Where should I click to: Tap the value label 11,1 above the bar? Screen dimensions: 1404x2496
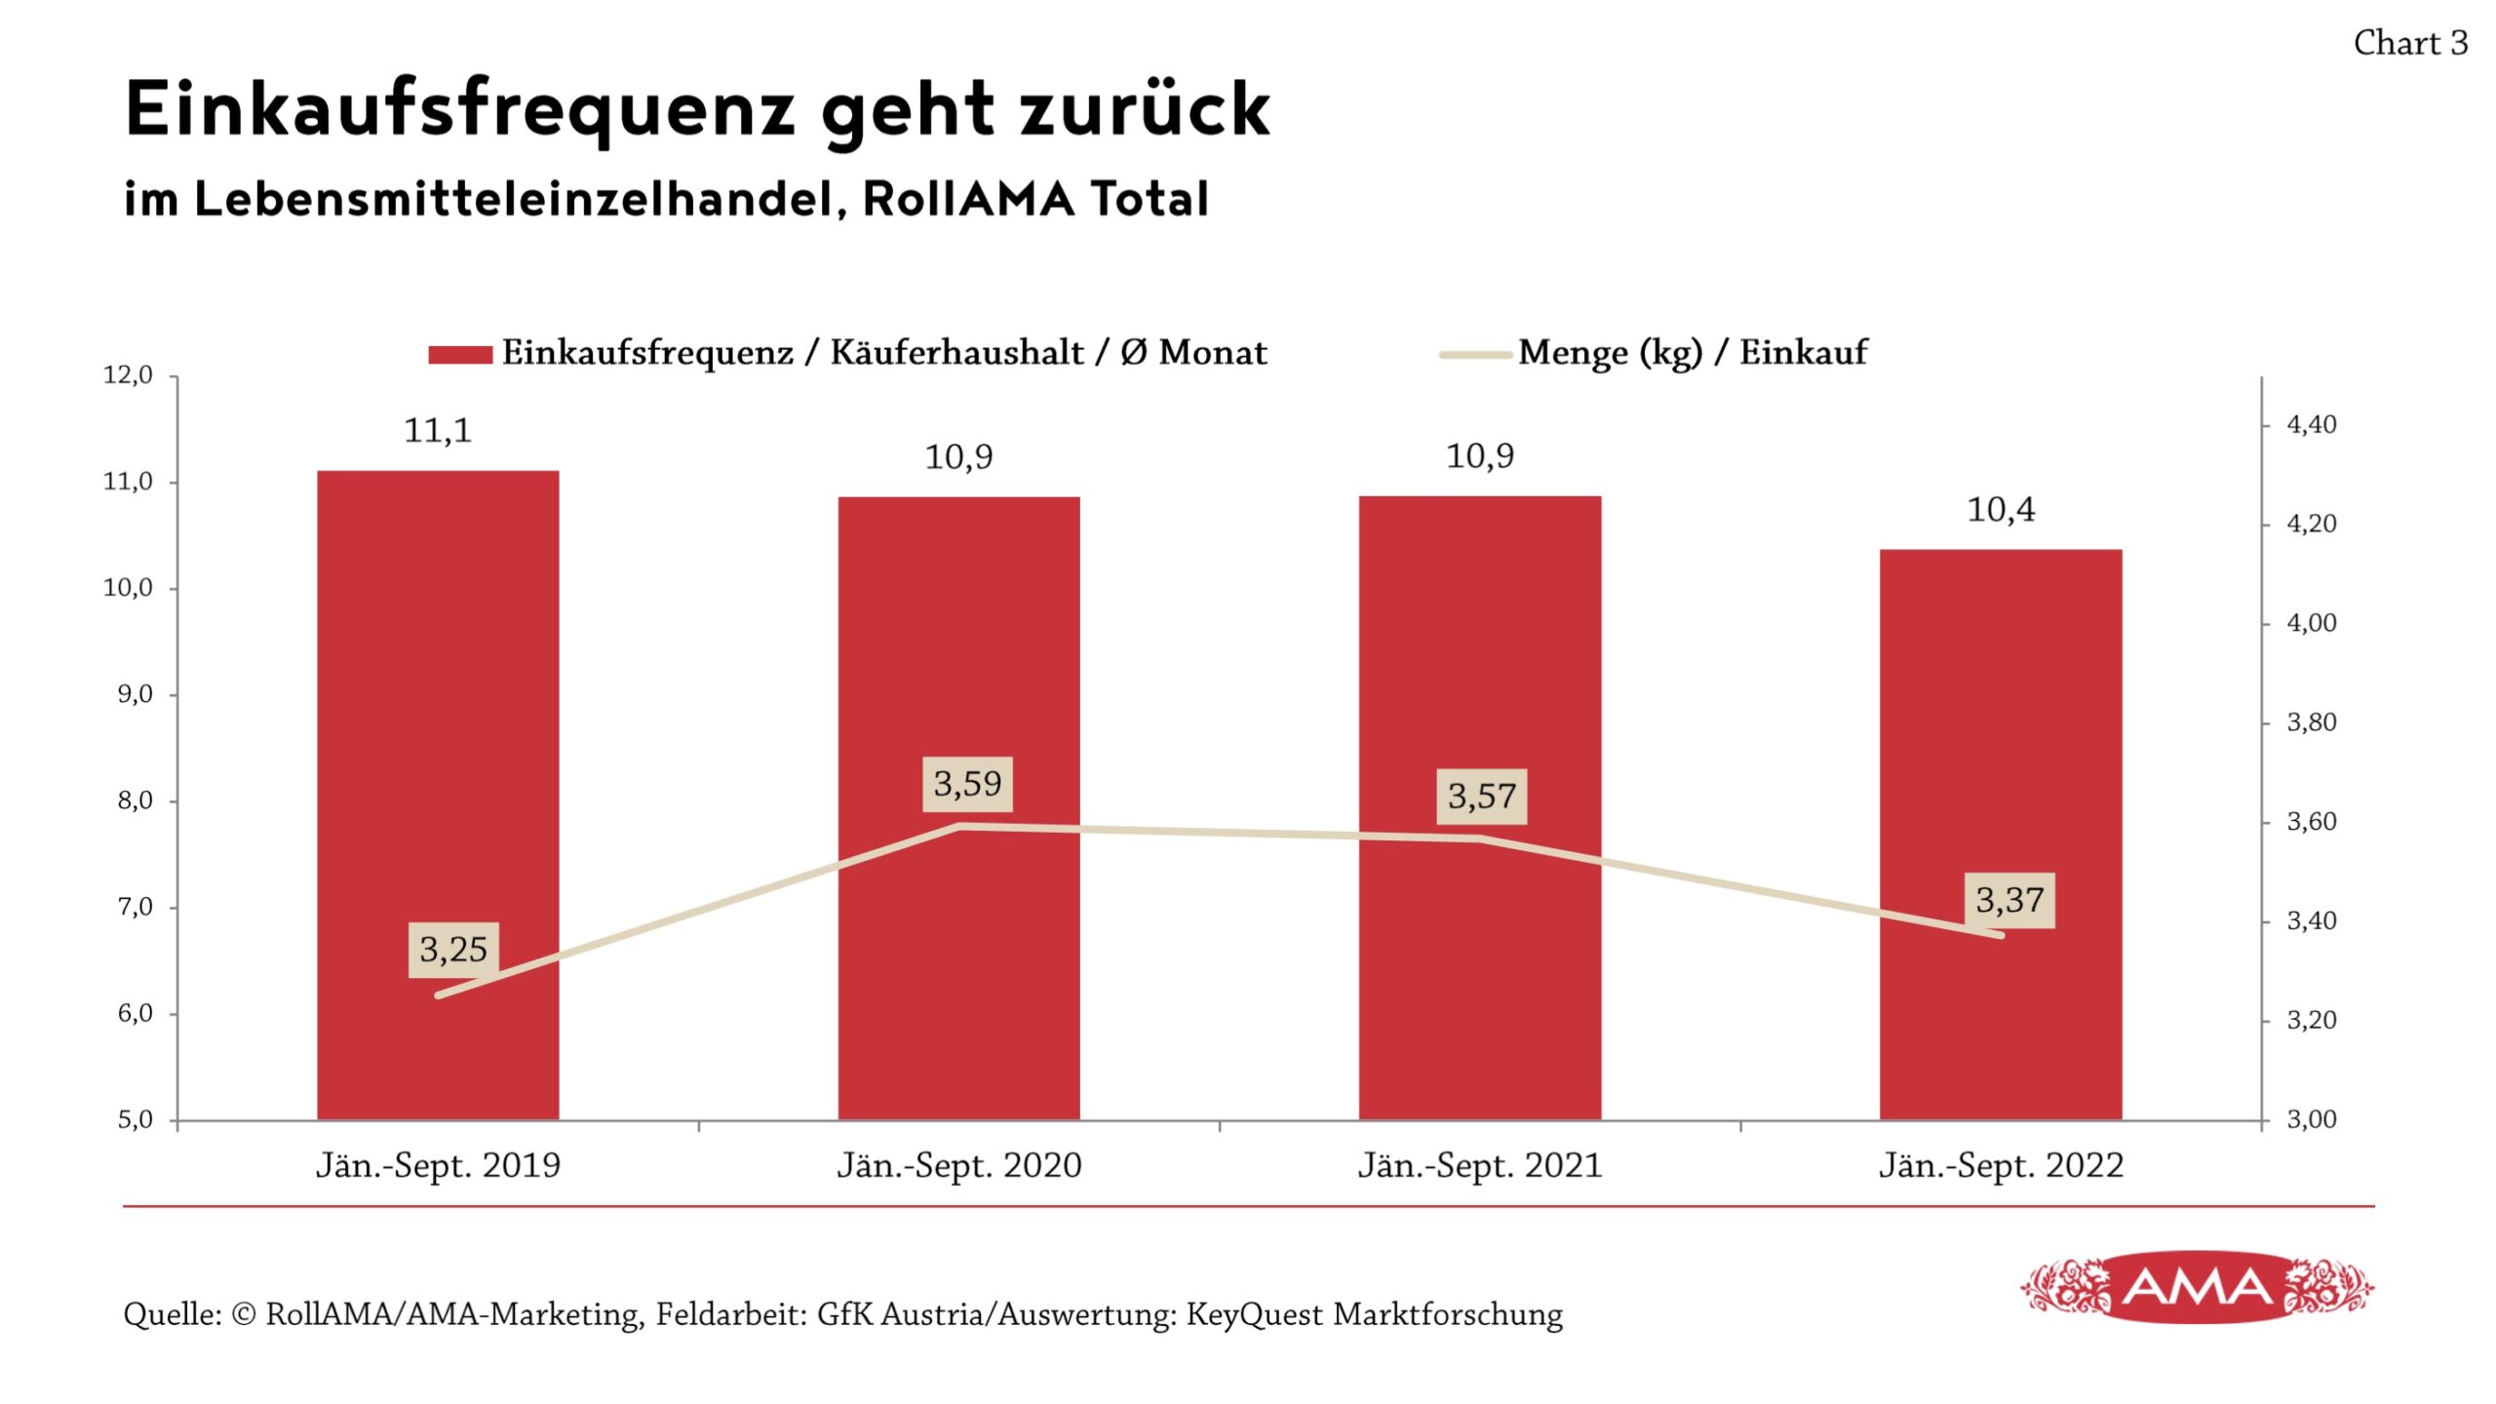point(438,431)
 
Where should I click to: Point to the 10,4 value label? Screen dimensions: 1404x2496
point(2000,510)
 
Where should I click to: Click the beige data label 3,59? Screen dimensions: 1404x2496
point(967,784)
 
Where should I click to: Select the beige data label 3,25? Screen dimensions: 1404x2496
point(453,950)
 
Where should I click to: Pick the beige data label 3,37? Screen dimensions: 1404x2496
point(2008,900)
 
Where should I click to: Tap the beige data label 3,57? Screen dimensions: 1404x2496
point(1481,797)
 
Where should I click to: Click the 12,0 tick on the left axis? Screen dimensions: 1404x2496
point(128,375)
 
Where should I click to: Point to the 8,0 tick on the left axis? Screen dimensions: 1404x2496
point(135,800)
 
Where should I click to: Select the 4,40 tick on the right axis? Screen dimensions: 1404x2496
point(2311,425)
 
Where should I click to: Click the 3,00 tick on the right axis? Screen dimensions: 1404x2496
point(2311,1119)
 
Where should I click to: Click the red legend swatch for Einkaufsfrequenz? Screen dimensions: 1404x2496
point(460,355)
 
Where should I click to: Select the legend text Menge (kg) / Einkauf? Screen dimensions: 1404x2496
point(1692,353)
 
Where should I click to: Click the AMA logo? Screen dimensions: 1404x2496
point(2197,1288)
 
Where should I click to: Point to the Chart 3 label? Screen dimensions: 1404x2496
point(2410,44)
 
